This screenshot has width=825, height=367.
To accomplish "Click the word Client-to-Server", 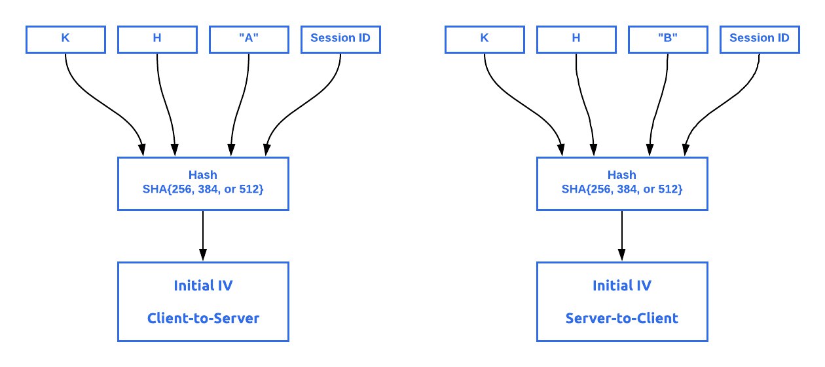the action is point(203,319).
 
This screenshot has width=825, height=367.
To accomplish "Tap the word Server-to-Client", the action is point(622,319).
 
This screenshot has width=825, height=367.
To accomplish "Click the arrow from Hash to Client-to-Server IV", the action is point(203,236).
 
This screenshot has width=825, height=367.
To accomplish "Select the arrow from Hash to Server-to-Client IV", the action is point(622,236).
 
